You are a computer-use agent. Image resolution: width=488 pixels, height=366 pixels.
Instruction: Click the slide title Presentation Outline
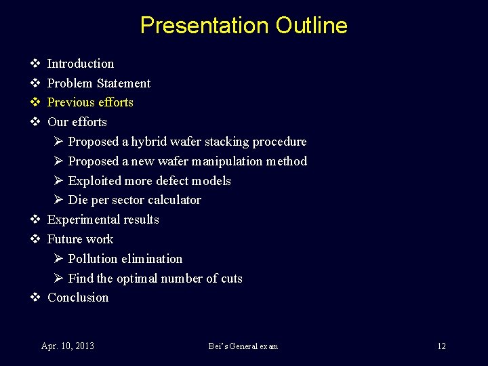pyautogui.click(x=243, y=26)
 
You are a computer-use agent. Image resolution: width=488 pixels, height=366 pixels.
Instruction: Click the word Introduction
pyautogui.click(x=81, y=64)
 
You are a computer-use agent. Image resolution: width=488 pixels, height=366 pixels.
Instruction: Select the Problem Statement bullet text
pyautogui.click(x=99, y=83)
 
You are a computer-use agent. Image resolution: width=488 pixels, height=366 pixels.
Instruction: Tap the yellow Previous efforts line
pyautogui.click(x=90, y=102)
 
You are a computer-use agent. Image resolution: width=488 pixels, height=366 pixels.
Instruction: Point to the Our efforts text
pyautogui.click(x=77, y=122)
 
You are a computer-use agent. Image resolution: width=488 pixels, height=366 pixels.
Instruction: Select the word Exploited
pyautogui.click(x=94, y=181)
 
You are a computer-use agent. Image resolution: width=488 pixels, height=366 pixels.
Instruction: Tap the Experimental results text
pyautogui.click(x=103, y=220)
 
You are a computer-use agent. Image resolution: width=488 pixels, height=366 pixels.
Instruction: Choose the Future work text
pyautogui.click(x=80, y=239)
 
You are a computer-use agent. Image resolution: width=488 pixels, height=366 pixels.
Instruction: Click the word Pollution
pyautogui.click(x=94, y=259)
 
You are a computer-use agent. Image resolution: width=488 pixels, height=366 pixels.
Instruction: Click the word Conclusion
pyautogui.click(x=78, y=298)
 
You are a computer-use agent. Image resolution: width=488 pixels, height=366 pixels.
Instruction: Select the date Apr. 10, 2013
pyautogui.click(x=68, y=346)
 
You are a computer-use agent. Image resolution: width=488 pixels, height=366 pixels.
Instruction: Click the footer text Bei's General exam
pyautogui.click(x=243, y=346)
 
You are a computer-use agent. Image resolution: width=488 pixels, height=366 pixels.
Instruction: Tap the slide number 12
pyautogui.click(x=441, y=346)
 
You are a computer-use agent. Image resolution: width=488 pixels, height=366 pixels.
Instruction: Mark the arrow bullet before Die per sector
pyautogui.click(x=58, y=200)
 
